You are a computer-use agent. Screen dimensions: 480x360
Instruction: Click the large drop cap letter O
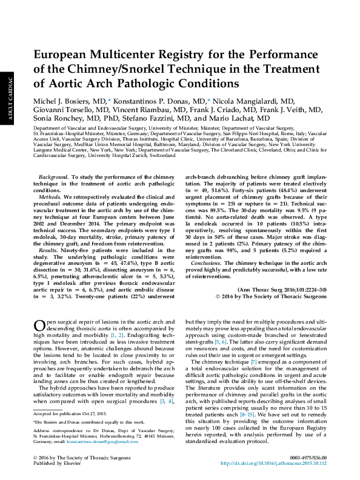(38, 327)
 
